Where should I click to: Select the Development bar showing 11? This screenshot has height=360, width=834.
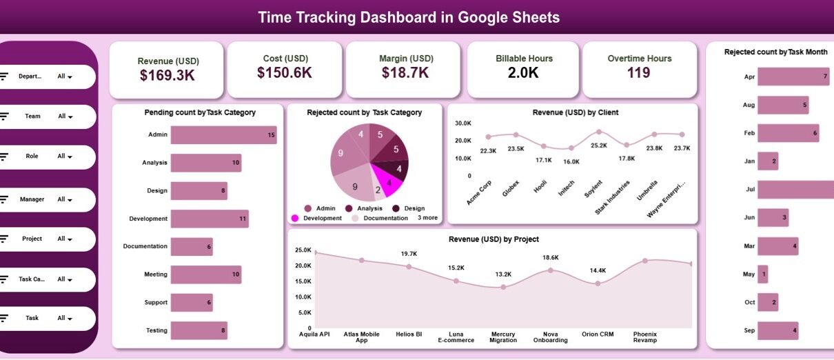click(210, 219)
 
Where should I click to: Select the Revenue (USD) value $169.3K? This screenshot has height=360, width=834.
click(167, 76)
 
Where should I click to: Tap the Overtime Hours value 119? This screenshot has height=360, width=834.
click(639, 73)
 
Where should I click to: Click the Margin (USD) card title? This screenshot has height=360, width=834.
click(406, 59)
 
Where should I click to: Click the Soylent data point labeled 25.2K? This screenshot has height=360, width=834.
click(599, 132)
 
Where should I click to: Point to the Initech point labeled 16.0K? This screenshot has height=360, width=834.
click(571, 148)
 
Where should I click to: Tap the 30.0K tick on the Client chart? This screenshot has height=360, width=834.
click(462, 123)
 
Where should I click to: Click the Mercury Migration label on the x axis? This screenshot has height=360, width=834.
click(503, 337)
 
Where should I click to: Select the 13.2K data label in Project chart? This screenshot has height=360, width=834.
click(503, 274)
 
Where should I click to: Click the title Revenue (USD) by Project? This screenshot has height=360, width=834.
click(494, 239)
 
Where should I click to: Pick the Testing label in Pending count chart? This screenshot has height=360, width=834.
click(156, 330)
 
